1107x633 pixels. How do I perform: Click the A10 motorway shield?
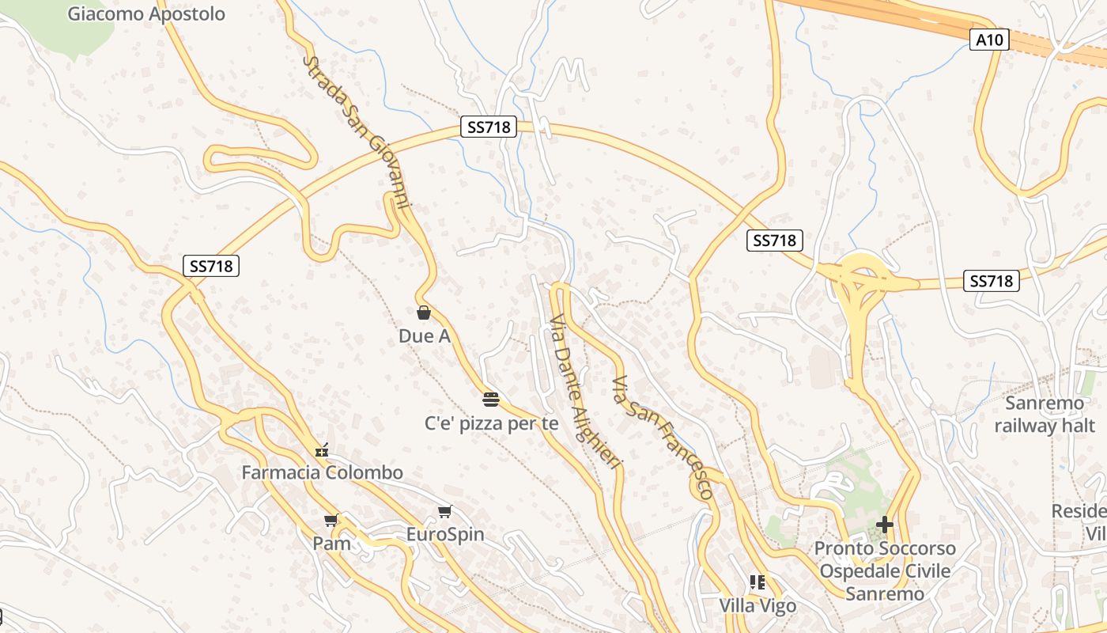pos(990,40)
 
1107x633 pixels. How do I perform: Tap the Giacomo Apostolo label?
pos(146,13)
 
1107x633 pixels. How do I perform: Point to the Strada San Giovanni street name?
pos(357,131)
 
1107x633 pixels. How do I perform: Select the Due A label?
pos(425,336)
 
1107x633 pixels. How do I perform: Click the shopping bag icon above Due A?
pos(424,313)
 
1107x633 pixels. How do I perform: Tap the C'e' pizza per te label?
pos(492,423)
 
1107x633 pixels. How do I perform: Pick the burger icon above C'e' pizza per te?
pos(491,398)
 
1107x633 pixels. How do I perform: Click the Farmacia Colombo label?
pos(322,472)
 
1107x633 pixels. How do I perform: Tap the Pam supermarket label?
pos(331,543)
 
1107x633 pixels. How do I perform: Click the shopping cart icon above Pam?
pos(331,520)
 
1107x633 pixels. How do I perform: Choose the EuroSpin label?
pos(445,534)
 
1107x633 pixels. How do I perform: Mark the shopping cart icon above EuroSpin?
pos(445,511)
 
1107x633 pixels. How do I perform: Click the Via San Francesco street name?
pos(663,437)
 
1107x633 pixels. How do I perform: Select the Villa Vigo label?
pos(758,606)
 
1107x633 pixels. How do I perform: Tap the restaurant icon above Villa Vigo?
pos(758,583)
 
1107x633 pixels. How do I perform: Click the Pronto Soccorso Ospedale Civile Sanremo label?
pos(885,570)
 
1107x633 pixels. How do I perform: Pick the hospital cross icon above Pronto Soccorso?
pos(885,525)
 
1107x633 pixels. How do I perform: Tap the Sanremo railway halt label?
pos(1045,415)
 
